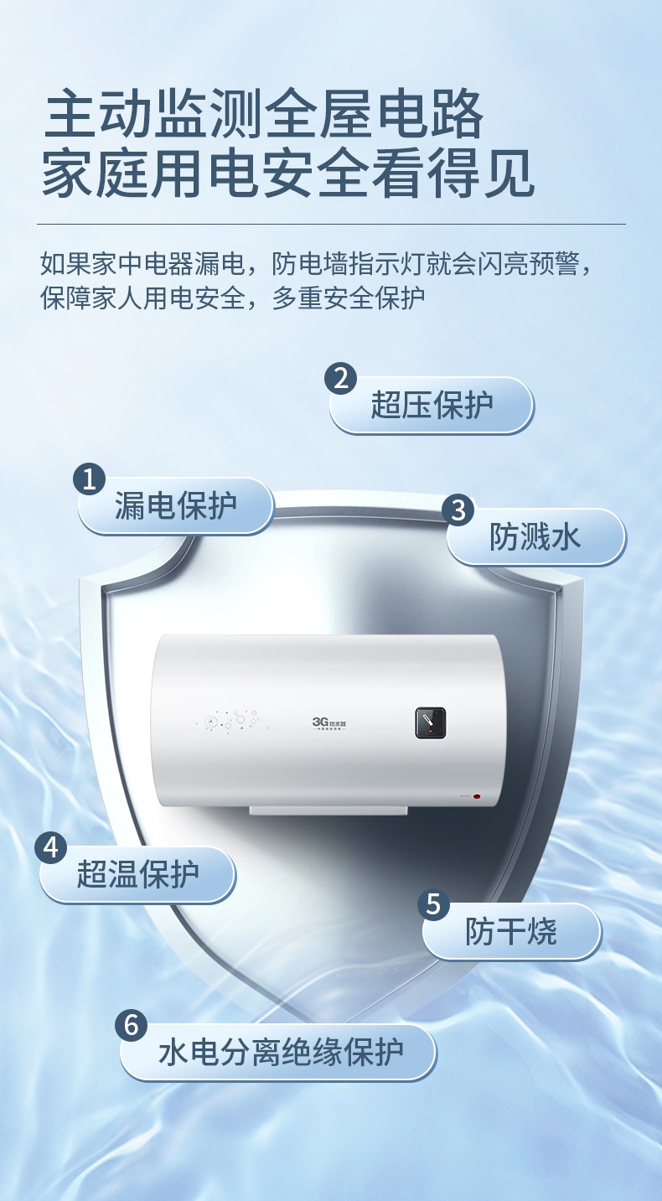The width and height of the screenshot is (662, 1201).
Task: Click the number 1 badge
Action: (89, 479)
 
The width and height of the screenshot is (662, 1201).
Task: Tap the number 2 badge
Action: (340, 379)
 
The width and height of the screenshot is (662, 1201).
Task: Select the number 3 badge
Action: (458, 510)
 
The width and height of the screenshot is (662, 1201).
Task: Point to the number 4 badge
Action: (50, 847)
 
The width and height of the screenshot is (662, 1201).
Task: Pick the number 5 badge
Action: (433, 904)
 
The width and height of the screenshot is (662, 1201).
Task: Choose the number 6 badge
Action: (132, 1026)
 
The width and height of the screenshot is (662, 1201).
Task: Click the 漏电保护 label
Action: (176, 505)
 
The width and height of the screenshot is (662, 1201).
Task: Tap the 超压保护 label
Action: (432, 405)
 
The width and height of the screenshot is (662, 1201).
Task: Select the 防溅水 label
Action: (535, 536)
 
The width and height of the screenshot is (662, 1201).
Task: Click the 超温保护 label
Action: (137, 874)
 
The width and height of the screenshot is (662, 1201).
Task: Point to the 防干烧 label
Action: (511, 931)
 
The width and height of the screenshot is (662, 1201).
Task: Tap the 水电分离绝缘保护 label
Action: (281, 1052)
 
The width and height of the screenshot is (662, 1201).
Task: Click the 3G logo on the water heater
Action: (329, 723)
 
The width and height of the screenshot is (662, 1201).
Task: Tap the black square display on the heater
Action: (431, 722)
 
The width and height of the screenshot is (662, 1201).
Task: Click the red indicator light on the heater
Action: (476, 796)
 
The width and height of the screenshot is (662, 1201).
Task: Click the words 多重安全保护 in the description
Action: (349, 298)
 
